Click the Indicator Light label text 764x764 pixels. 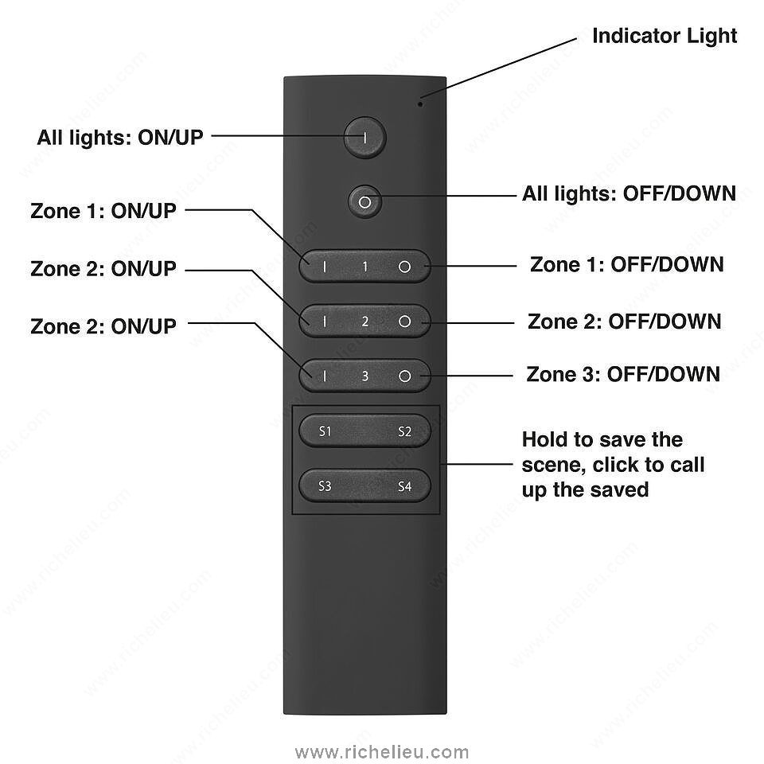click(x=665, y=36)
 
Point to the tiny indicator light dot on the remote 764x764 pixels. click(x=422, y=101)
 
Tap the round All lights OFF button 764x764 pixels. click(x=364, y=202)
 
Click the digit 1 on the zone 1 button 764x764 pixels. click(x=365, y=267)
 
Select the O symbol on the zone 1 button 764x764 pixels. click(x=404, y=267)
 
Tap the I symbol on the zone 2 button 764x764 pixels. click(x=325, y=322)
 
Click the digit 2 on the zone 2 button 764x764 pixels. click(x=365, y=322)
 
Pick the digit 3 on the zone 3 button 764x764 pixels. click(x=365, y=376)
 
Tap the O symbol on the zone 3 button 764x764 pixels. click(x=404, y=376)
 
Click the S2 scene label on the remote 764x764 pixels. click(x=404, y=431)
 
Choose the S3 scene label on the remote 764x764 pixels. click(x=325, y=485)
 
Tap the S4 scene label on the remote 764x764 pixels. click(x=404, y=485)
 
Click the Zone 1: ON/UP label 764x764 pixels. click(x=103, y=212)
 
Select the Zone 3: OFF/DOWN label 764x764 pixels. click(x=623, y=374)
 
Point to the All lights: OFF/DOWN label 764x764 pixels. click(x=629, y=193)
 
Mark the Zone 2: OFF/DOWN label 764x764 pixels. click(x=625, y=322)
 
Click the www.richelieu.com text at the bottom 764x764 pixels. click(x=382, y=751)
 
